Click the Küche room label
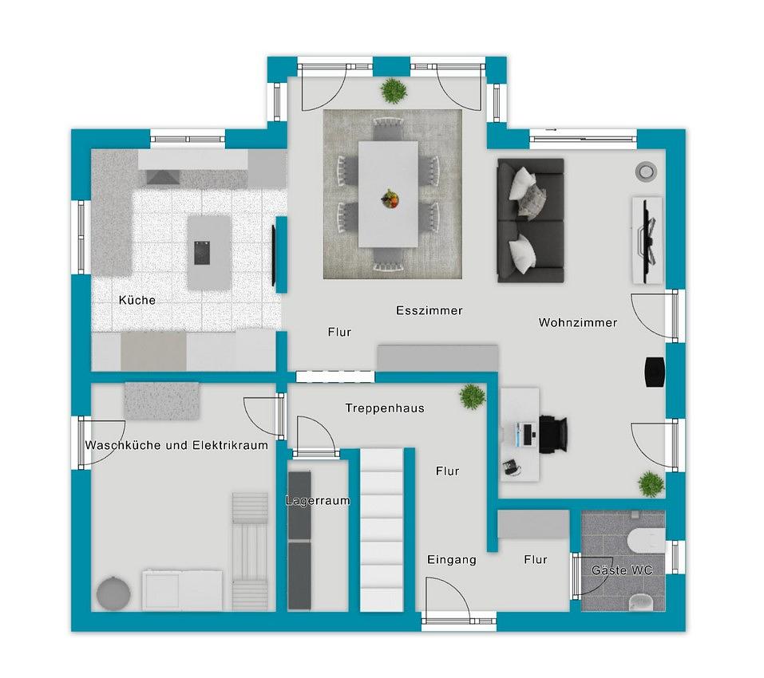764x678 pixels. (x=137, y=300)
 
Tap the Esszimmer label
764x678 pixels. (x=430, y=310)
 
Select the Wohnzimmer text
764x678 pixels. (x=578, y=322)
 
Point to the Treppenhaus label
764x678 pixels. (x=385, y=408)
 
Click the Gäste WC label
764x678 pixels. (x=622, y=570)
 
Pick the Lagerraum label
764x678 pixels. (x=318, y=500)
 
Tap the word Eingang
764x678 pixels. (x=452, y=560)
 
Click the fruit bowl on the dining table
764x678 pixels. (x=390, y=199)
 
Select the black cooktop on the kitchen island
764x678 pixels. (x=202, y=253)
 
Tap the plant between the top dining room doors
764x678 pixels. (x=394, y=91)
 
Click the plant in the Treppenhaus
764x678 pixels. (x=472, y=396)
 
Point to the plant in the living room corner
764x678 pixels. (x=651, y=484)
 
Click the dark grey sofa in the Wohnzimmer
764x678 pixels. (x=531, y=220)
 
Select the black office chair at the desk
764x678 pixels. (x=553, y=434)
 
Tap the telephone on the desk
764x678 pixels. (x=511, y=467)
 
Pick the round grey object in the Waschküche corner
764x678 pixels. (x=113, y=593)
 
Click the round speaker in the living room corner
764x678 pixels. (x=646, y=171)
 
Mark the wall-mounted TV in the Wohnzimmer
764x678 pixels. (x=649, y=239)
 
